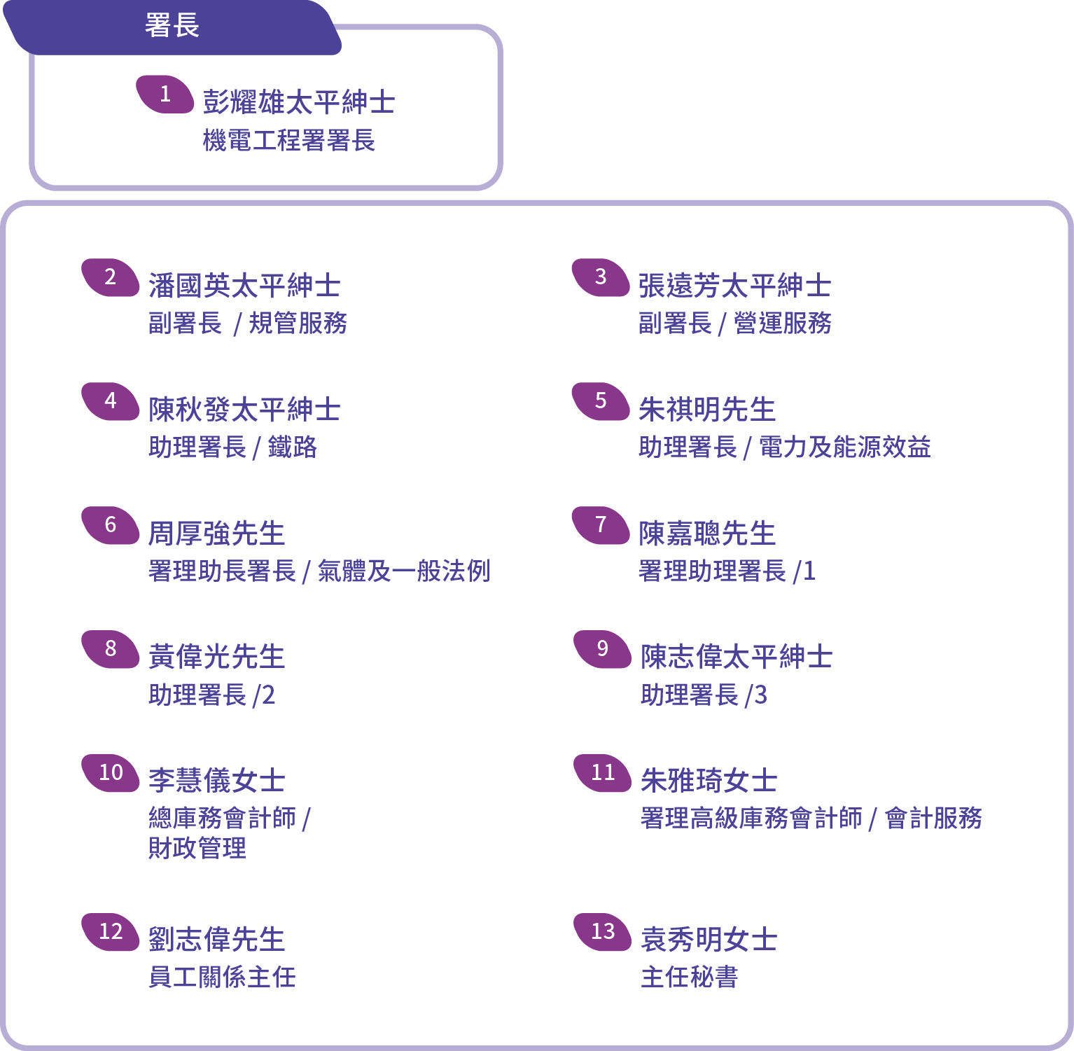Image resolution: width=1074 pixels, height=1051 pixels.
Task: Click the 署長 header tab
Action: tap(172, 27)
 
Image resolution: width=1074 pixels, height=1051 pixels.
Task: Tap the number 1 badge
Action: tap(165, 94)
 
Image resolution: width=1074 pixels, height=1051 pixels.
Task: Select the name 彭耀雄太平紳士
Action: tap(299, 102)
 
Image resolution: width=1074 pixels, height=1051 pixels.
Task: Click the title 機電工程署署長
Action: tap(289, 140)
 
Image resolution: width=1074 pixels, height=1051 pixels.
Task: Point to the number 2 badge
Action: tap(111, 277)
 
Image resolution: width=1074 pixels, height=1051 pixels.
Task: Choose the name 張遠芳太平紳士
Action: tap(734, 286)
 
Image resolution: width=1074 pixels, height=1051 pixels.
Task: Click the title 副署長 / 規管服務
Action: tap(248, 323)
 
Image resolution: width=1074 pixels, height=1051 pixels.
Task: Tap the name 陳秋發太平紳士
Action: tap(244, 410)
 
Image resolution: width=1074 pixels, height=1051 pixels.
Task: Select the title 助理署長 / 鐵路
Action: tap(233, 447)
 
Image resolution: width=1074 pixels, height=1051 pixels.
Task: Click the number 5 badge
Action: tap(601, 401)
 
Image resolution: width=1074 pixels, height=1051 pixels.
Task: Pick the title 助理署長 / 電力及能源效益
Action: tap(784, 447)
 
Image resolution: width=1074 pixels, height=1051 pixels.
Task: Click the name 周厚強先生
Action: tap(216, 534)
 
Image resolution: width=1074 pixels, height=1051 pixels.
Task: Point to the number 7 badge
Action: tap(601, 525)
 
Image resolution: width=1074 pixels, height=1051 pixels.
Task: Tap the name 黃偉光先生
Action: tap(216, 657)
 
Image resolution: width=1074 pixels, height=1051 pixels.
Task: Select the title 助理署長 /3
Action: tap(704, 695)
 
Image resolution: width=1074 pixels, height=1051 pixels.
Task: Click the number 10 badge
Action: tap(111, 773)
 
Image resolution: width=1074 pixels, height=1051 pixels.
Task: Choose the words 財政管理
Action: tap(197, 848)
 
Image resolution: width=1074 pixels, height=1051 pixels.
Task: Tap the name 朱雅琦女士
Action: tap(709, 781)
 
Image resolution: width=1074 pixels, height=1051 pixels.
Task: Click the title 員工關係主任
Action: tap(222, 977)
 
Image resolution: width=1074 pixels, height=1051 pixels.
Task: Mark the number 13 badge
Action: tap(602, 932)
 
